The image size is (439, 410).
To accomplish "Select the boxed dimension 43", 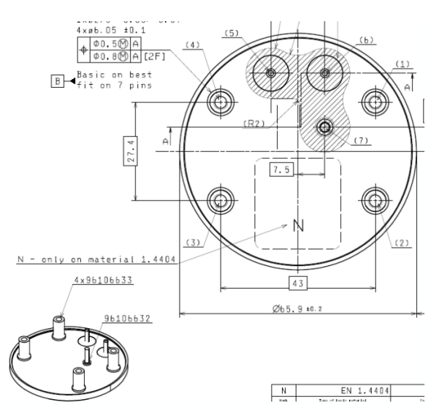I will [297, 281].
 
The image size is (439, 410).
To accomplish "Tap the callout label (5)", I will [232, 33].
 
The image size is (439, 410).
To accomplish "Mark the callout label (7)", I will [358, 140].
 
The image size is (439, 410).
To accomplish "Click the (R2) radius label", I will [253, 124].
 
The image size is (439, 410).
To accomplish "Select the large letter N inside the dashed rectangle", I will [298, 226].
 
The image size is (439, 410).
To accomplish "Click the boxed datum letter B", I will [56, 80].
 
